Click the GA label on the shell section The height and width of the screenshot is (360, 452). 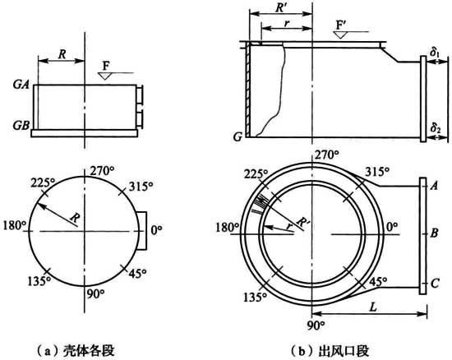(x=21, y=84)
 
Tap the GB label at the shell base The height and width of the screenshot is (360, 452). (x=21, y=125)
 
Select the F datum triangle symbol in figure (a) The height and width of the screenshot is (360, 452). (x=104, y=76)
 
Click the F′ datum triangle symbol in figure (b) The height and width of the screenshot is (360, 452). (x=340, y=35)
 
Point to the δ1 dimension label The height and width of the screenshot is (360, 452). (x=435, y=53)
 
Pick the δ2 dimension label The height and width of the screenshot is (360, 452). (x=436, y=128)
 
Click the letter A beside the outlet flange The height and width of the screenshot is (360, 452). (x=434, y=186)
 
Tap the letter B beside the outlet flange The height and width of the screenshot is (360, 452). (x=434, y=233)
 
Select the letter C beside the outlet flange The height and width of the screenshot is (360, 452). (x=435, y=283)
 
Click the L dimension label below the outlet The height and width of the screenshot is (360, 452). (x=373, y=307)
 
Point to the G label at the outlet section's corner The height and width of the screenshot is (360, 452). (x=238, y=137)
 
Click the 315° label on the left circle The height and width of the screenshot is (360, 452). (x=141, y=187)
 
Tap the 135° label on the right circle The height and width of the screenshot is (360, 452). (x=255, y=298)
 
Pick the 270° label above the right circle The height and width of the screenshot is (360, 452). (x=326, y=155)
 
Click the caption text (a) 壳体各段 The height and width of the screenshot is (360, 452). (x=76, y=351)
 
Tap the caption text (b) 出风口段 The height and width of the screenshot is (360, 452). (x=330, y=351)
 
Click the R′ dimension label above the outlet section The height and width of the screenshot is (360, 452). (x=280, y=7)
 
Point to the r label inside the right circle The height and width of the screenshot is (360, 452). (x=288, y=226)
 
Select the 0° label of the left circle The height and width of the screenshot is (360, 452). (x=156, y=230)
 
